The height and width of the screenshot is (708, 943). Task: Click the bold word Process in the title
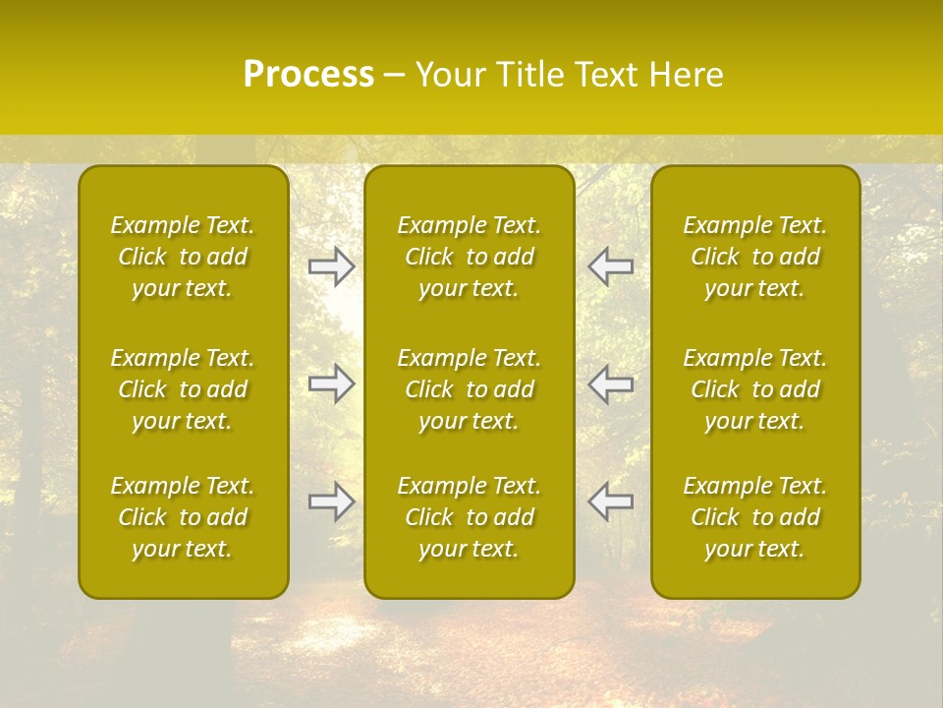(x=308, y=75)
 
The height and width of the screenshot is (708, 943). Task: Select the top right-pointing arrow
(x=332, y=266)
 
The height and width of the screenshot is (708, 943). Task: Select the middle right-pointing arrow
(x=332, y=383)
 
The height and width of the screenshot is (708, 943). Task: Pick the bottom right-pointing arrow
(x=332, y=501)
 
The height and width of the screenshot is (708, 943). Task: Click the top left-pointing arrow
(x=610, y=266)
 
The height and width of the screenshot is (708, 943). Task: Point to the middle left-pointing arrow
(x=610, y=383)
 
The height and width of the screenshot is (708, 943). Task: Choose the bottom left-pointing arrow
(x=610, y=501)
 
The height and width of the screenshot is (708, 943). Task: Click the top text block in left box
(x=183, y=257)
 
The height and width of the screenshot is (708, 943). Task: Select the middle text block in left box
(x=183, y=389)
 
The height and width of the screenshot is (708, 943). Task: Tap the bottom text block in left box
(x=183, y=517)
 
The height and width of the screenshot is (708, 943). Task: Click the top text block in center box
(x=469, y=257)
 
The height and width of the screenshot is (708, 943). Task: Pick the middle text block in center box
(x=469, y=389)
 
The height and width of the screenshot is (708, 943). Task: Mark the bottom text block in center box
(x=469, y=517)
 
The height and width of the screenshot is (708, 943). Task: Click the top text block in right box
(x=754, y=257)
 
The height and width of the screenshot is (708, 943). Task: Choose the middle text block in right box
(x=754, y=389)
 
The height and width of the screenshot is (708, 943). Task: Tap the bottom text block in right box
(x=754, y=517)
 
